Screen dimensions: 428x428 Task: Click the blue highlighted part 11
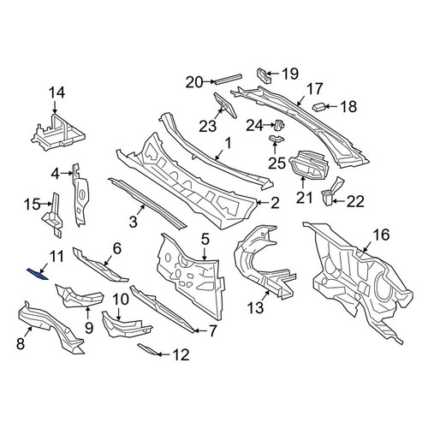(x=37, y=275)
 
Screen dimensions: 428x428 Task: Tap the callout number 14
(x=56, y=93)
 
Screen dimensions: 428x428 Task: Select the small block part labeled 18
(x=319, y=107)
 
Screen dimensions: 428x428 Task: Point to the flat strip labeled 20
(x=229, y=79)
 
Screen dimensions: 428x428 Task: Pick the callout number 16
(x=381, y=235)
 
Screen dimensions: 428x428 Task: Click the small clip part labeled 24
(x=280, y=124)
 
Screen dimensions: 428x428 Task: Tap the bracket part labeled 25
(x=276, y=140)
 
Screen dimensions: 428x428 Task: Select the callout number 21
(x=304, y=198)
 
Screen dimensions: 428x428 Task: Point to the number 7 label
(x=212, y=331)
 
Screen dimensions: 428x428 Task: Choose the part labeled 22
(x=332, y=191)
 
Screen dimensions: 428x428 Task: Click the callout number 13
(x=255, y=308)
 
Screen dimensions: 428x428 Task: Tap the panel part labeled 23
(x=225, y=105)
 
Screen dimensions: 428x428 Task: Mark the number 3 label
(x=134, y=222)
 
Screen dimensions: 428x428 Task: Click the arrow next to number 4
(x=66, y=173)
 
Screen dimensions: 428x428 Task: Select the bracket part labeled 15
(x=54, y=215)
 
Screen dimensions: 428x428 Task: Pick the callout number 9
(x=89, y=328)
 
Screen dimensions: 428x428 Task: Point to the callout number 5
(x=205, y=239)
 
